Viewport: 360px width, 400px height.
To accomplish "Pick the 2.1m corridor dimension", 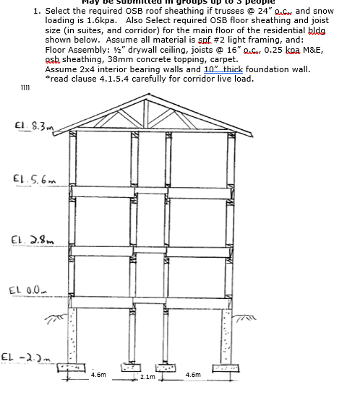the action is point(147,378).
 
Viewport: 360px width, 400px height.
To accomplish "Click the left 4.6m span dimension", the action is point(98,375).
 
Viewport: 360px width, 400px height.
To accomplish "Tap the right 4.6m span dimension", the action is point(193,375).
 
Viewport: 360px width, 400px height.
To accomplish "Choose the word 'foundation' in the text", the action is point(255,69).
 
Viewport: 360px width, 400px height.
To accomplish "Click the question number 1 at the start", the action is point(37,12).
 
